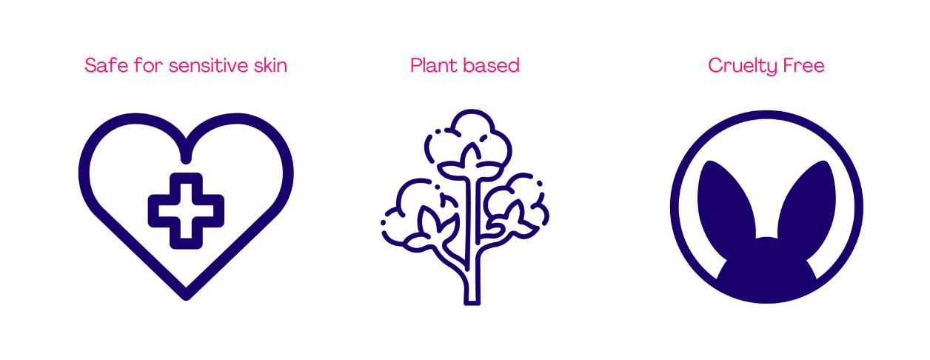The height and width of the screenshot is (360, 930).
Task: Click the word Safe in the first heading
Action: point(102,65)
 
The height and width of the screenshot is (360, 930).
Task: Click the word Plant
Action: point(432,65)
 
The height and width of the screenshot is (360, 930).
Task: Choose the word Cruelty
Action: point(737,65)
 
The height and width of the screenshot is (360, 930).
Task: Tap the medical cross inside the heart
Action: point(186,210)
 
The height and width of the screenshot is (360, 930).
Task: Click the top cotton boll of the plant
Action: point(469,137)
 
